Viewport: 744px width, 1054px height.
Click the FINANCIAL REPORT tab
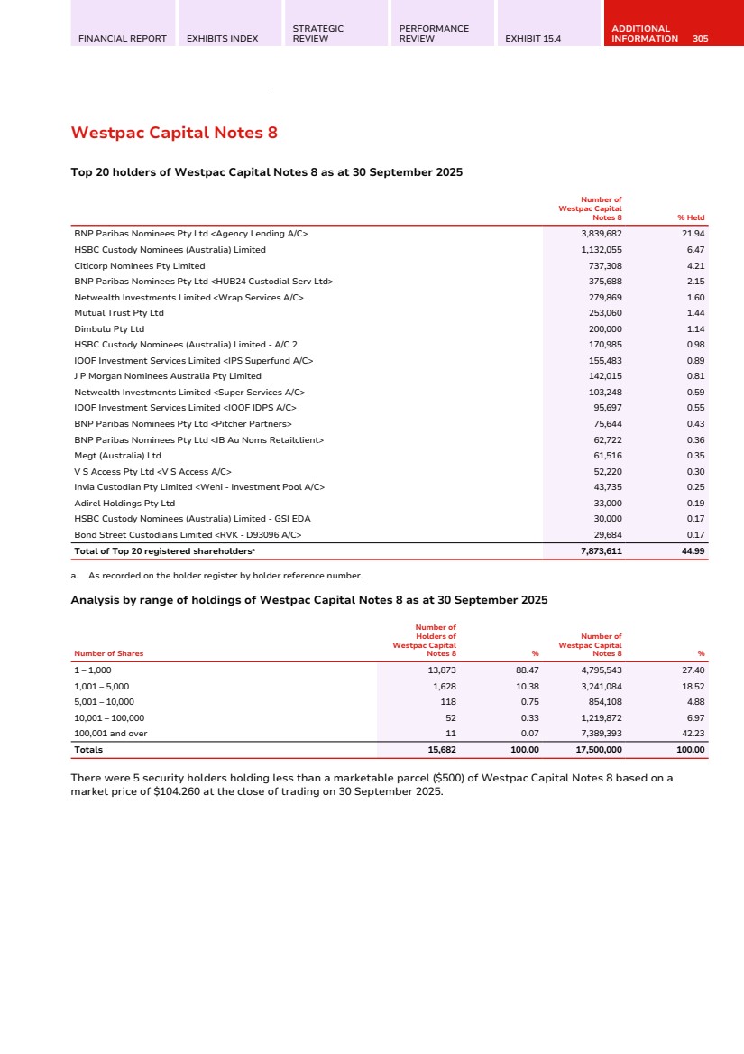click(x=123, y=39)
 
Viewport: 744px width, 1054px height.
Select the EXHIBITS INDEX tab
click(x=222, y=39)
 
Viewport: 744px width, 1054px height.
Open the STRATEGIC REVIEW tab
click(x=318, y=33)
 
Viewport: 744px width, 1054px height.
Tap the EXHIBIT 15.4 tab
click(x=533, y=39)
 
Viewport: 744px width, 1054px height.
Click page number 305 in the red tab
click(x=701, y=39)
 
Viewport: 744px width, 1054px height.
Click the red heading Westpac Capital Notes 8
click(x=174, y=134)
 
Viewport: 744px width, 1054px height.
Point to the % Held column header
click(x=691, y=217)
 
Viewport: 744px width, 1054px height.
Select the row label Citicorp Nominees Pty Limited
click(x=140, y=265)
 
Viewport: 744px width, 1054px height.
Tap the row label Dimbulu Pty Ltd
click(x=109, y=328)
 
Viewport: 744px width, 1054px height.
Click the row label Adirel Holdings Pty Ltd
click(x=124, y=503)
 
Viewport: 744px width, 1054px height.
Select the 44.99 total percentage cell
click(x=693, y=550)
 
